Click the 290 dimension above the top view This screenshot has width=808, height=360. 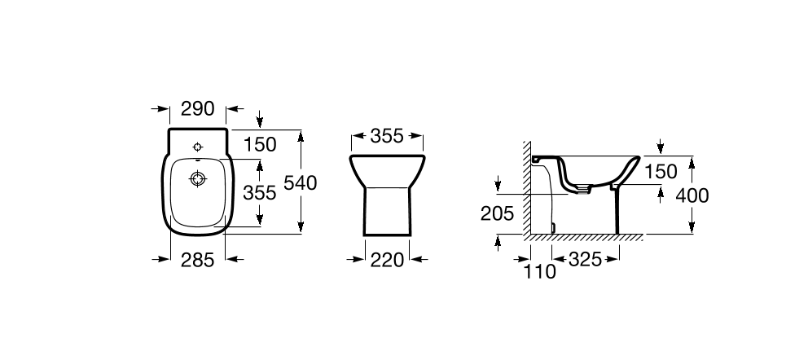pos(198,108)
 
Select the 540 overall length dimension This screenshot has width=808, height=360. pos(301,182)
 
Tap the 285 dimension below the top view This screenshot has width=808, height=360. pos(197,260)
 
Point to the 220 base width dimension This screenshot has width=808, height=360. pos(387,260)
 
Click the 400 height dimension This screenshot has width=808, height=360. pos(692,195)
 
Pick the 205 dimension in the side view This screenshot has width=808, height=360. pos(498,213)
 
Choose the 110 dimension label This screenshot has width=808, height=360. pos(540,271)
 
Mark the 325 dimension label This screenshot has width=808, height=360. pos(586,260)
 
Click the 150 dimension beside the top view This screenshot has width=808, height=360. pos(260,145)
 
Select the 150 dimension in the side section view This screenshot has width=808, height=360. pos(660,172)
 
